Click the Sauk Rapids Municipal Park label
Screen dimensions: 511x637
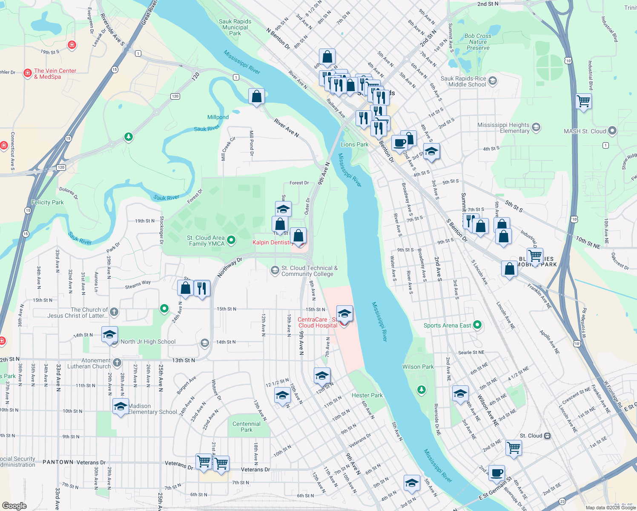tap(235, 27)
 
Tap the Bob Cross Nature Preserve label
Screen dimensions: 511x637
tap(478, 42)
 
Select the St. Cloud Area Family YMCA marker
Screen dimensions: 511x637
tap(231, 240)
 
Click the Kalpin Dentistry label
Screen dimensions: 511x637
tap(272, 242)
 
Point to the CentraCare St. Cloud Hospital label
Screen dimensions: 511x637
tap(317, 322)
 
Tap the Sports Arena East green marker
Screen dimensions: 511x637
tap(477, 325)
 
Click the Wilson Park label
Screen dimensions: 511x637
tap(418, 367)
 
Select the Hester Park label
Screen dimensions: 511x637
tap(367, 395)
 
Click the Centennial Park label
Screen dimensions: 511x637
tap(247, 427)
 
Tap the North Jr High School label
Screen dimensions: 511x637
tap(148, 342)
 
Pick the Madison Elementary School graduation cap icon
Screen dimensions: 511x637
tap(121, 407)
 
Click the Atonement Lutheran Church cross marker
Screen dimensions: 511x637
tap(117, 363)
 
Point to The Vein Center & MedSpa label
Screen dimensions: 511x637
tap(55, 74)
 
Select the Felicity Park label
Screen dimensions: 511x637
tap(47, 202)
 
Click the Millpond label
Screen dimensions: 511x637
tap(218, 117)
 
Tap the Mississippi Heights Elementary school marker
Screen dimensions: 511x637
tap(536, 127)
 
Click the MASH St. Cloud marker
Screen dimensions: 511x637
tap(612, 131)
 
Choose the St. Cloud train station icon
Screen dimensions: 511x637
tap(548, 436)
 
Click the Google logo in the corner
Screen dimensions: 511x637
tap(14, 505)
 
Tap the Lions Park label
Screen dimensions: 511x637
tap(354, 144)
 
